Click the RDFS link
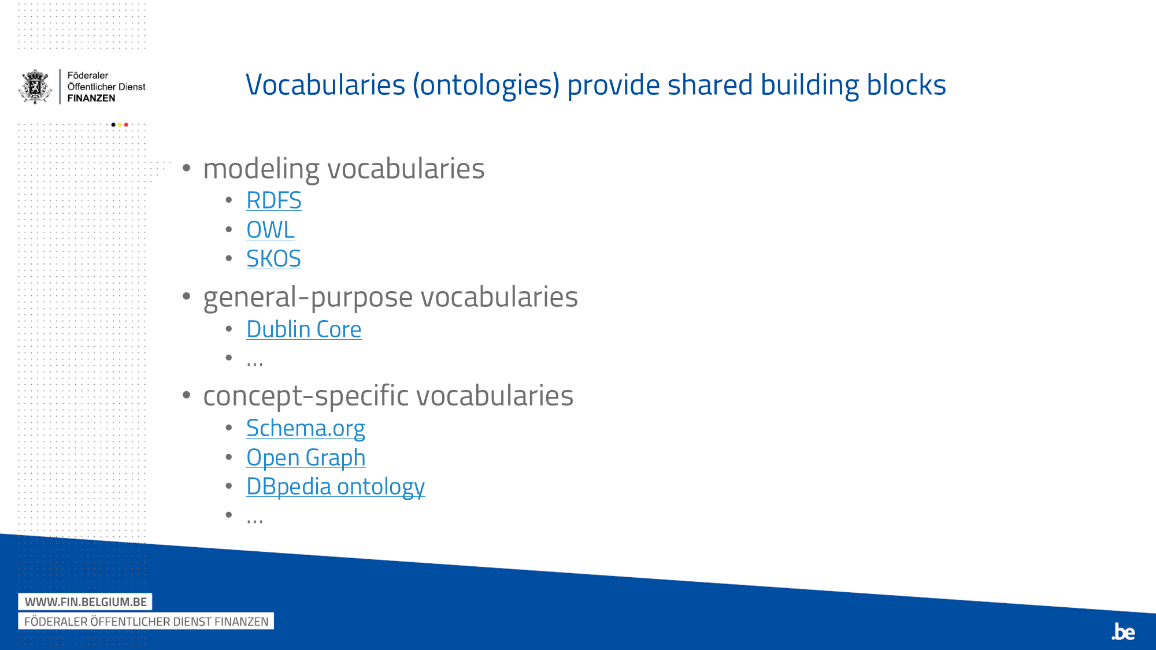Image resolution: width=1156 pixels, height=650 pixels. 273,200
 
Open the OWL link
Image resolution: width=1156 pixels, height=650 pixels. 270,230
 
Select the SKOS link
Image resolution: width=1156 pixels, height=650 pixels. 273,259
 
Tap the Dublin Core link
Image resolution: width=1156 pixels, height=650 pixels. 303,329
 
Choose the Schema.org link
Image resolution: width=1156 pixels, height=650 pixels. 305,428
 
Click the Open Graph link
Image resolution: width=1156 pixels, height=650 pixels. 306,458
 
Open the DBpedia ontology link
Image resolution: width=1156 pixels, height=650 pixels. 335,486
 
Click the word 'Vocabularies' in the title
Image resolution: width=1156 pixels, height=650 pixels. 325,85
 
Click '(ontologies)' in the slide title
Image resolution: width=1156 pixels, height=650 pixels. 486,86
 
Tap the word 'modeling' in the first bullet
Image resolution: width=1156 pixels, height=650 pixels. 261,169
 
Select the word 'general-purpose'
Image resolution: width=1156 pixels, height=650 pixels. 308,298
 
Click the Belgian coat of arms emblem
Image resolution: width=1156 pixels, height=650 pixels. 36,87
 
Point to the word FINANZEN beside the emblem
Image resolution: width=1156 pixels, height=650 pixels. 91,98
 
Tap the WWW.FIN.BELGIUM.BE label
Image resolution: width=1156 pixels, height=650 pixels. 86,602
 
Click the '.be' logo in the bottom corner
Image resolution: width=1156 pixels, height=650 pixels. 1124,632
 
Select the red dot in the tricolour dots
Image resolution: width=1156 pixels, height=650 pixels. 126,125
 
